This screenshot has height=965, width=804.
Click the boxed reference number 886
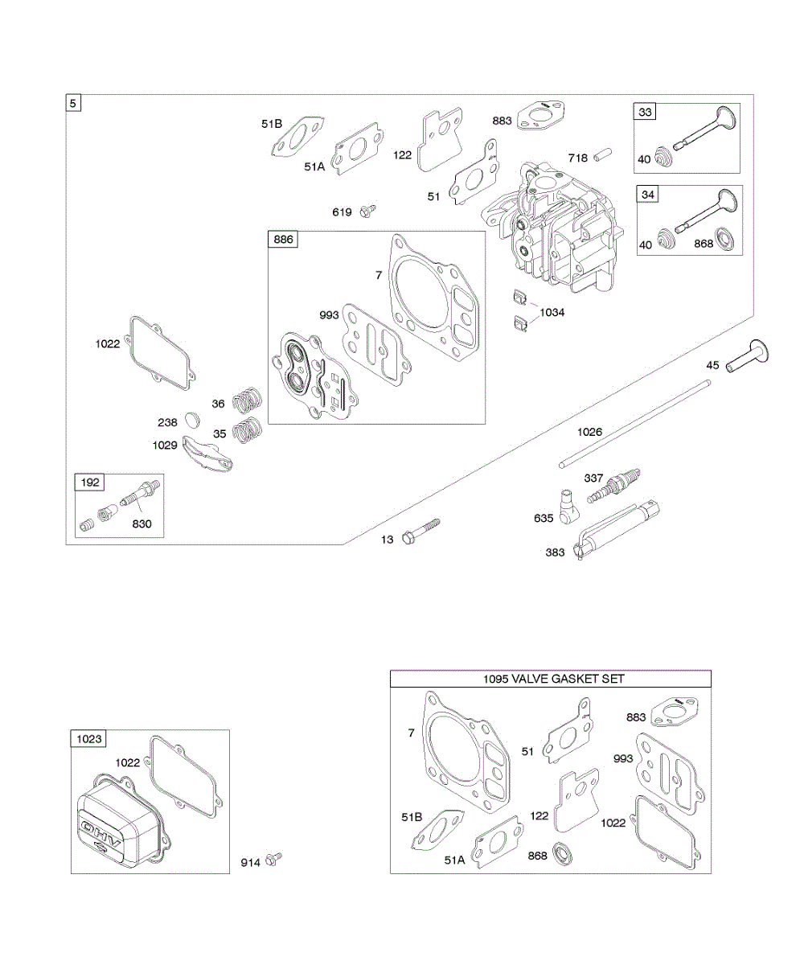tap(283, 240)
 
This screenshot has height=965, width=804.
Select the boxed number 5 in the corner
tap(73, 103)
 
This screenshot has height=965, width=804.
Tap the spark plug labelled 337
tap(614, 486)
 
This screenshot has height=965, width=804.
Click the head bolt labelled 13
tap(421, 531)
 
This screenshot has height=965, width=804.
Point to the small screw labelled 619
tap(367, 211)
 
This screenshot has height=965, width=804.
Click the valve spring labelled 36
tap(247, 400)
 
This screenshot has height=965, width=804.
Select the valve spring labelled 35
tap(247, 430)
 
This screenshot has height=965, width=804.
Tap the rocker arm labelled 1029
tap(207, 454)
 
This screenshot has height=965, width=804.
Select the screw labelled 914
tap(274, 859)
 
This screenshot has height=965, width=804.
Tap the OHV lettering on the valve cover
tap(101, 835)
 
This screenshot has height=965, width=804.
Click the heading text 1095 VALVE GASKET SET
tap(553, 679)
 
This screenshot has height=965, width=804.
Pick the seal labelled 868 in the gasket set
tap(563, 852)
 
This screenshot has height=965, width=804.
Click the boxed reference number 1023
tap(88, 738)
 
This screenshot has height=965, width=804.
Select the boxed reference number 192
tap(89, 482)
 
